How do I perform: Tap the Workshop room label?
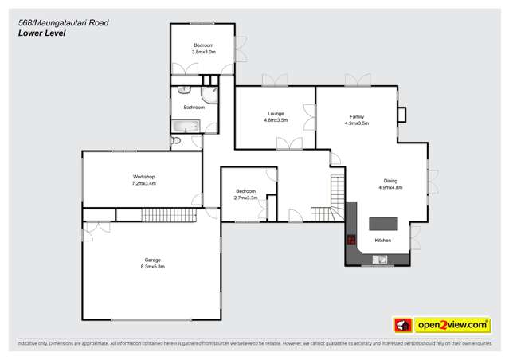click(x=143, y=176)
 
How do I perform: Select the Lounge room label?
click(x=276, y=115)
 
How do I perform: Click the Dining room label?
click(x=391, y=181)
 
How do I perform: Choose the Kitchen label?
click(x=382, y=240)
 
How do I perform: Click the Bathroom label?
click(x=194, y=107)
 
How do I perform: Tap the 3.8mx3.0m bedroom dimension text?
click(x=204, y=52)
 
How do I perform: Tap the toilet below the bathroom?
click(x=177, y=141)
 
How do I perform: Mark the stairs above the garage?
click(x=169, y=214)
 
